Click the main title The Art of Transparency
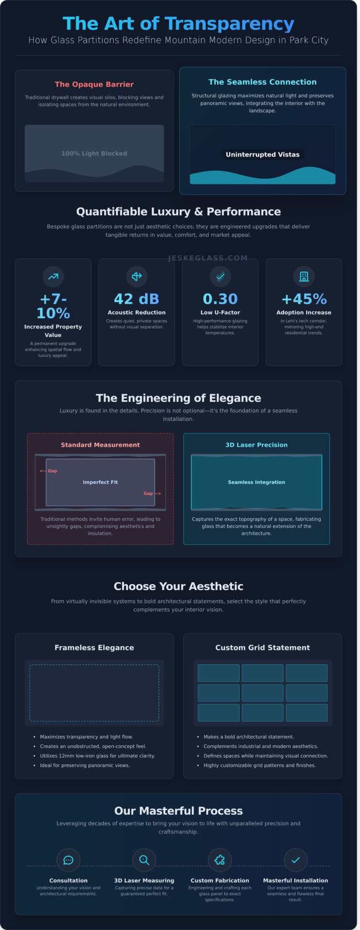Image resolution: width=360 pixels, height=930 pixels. click(x=178, y=23)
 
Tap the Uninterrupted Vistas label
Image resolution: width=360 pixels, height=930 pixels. click(x=263, y=155)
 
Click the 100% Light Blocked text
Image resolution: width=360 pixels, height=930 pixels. click(x=94, y=154)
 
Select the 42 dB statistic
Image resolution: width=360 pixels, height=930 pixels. click(x=137, y=299)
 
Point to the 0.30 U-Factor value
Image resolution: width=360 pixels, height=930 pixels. click(x=220, y=299)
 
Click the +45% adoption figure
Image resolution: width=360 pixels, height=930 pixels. click(x=304, y=299)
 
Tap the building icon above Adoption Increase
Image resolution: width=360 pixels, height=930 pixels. click(x=304, y=277)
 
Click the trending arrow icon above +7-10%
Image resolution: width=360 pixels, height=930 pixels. click(x=53, y=277)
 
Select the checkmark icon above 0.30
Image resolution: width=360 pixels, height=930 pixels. click(x=220, y=277)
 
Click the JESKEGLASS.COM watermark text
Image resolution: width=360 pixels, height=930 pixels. click(x=207, y=258)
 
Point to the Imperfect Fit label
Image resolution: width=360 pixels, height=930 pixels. click(x=100, y=482)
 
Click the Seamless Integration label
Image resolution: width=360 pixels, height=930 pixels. click(x=256, y=482)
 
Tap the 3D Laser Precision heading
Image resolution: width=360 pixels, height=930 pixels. click(x=256, y=445)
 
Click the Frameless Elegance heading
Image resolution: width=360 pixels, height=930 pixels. click(x=94, y=648)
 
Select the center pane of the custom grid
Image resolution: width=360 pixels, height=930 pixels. click(x=263, y=693)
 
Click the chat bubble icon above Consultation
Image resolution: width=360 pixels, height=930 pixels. click(x=68, y=860)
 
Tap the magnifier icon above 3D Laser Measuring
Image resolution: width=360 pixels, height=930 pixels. click(x=144, y=860)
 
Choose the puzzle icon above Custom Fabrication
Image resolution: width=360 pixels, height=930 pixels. click(x=219, y=860)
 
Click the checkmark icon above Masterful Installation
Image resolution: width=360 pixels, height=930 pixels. click(x=296, y=860)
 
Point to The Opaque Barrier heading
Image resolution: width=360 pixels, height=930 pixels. click(x=94, y=84)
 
